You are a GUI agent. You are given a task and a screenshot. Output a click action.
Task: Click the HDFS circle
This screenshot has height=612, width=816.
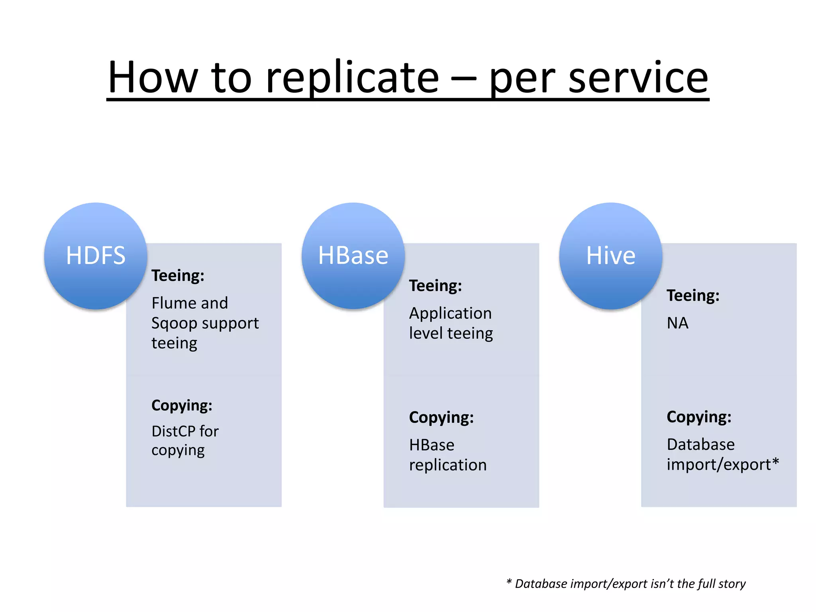(96, 256)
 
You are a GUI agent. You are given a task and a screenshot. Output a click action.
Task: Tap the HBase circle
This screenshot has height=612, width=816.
(353, 256)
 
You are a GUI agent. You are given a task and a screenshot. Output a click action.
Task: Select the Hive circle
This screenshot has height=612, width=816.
(610, 256)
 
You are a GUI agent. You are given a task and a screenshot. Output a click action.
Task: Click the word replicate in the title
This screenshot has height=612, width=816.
(352, 78)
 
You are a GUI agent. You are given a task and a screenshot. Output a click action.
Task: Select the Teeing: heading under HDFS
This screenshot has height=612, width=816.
(178, 276)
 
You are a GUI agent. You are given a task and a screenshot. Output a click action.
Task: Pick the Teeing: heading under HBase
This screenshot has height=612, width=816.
(435, 286)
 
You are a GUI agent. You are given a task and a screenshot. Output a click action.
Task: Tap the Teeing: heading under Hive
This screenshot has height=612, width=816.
(693, 296)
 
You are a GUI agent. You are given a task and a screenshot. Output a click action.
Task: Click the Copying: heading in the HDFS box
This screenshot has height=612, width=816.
(182, 406)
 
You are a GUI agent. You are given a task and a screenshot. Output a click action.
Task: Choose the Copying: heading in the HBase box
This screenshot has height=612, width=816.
(441, 418)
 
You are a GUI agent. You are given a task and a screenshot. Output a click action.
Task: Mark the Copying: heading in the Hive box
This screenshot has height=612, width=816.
(699, 417)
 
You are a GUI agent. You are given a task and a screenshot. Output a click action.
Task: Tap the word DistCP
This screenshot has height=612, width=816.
(173, 431)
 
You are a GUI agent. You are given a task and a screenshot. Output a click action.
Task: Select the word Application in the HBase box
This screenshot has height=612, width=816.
(450, 314)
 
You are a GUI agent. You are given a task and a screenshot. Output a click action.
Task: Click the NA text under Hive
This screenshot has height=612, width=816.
(677, 323)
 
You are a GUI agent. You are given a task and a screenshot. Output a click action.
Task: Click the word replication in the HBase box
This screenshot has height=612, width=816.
(448, 465)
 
